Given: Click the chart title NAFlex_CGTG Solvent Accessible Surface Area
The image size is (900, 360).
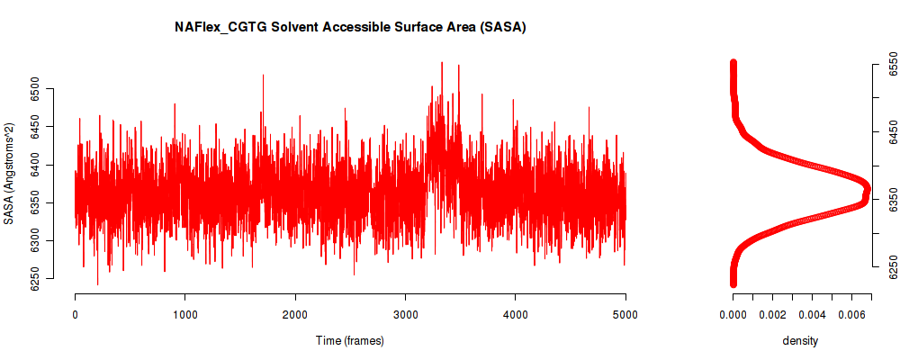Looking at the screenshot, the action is pyautogui.click(x=350, y=27).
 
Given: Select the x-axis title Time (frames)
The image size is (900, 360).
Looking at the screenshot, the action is pyautogui.click(x=349, y=340).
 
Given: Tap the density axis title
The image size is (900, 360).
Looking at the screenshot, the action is pyautogui.click(x=800, y=341).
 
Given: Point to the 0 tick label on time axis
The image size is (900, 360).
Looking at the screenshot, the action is pyautogui.click(x=76, y=314).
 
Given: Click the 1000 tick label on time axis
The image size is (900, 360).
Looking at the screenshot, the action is pyautogui.click(x=184, y=314).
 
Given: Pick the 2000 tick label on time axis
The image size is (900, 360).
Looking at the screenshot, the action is pyautogui.click(x=295, y=314).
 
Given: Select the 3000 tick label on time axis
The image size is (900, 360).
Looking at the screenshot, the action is pyautogui.click(x=405, y=314).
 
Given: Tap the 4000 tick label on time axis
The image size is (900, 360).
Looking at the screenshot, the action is pyautogui.click(x=516, y=314).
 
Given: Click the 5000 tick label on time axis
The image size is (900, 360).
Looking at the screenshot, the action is pyautogui.click(x=625, y=314).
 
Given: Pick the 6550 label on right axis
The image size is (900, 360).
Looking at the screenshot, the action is pyautogui.click(x=891, y=64).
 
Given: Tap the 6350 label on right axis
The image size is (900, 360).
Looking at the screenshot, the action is pyautogui.click(x=891, y=200).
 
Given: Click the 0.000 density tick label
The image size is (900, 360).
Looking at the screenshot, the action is pyautogui.click(x=733, y=314).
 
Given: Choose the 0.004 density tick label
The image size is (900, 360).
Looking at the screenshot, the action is pyautogui.click(x=812, y=314).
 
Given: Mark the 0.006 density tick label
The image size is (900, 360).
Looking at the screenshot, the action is pyautogui.click(x=851, y=314).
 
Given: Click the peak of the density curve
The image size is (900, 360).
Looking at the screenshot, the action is pyautogui.click(x=867, y=190).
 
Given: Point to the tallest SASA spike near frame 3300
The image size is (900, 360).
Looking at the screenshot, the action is pyautogui.click(x=441, y=63).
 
